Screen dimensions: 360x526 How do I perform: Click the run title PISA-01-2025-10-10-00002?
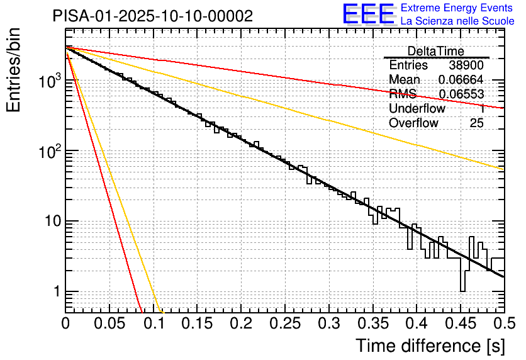pyautogui.click(x=153, y=16)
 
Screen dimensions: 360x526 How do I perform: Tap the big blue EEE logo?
pyautogui.click(x=368, y=14)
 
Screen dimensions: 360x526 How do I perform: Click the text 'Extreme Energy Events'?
pyautogui.click(x=457, y=8)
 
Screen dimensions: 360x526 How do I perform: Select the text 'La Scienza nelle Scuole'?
pyautogui.click(x=457, y=21)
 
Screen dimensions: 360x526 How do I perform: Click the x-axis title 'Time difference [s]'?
pyautogui.click(x=429, y=346)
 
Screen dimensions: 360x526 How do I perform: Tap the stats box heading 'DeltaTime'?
pyautogui.click(x=436, y=51)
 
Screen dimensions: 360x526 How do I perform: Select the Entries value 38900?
pyautogui.click(x=466, y=65)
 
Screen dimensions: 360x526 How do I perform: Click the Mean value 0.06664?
pyautogui.click(x=461, y=80)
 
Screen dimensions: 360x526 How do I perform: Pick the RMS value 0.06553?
pyautogui.click(x=461, y=94)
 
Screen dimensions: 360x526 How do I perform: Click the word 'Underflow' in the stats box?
pyautogui.click(x=417, y=109)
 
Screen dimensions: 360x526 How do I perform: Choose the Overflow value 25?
pyautogui.click(x=476, y=123)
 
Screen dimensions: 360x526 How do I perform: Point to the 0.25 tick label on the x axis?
pyautogui.click(x=285, y=323)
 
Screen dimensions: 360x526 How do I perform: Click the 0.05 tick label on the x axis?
pyautogui.click(x=109, y=323)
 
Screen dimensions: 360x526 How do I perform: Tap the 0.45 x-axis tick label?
pyautogui.click(x=461, y=323)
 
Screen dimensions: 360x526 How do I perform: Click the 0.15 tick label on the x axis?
pyautogui.click(x=197, y=323)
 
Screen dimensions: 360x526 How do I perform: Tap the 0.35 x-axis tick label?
pyautogui.click(x=372, y=323)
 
